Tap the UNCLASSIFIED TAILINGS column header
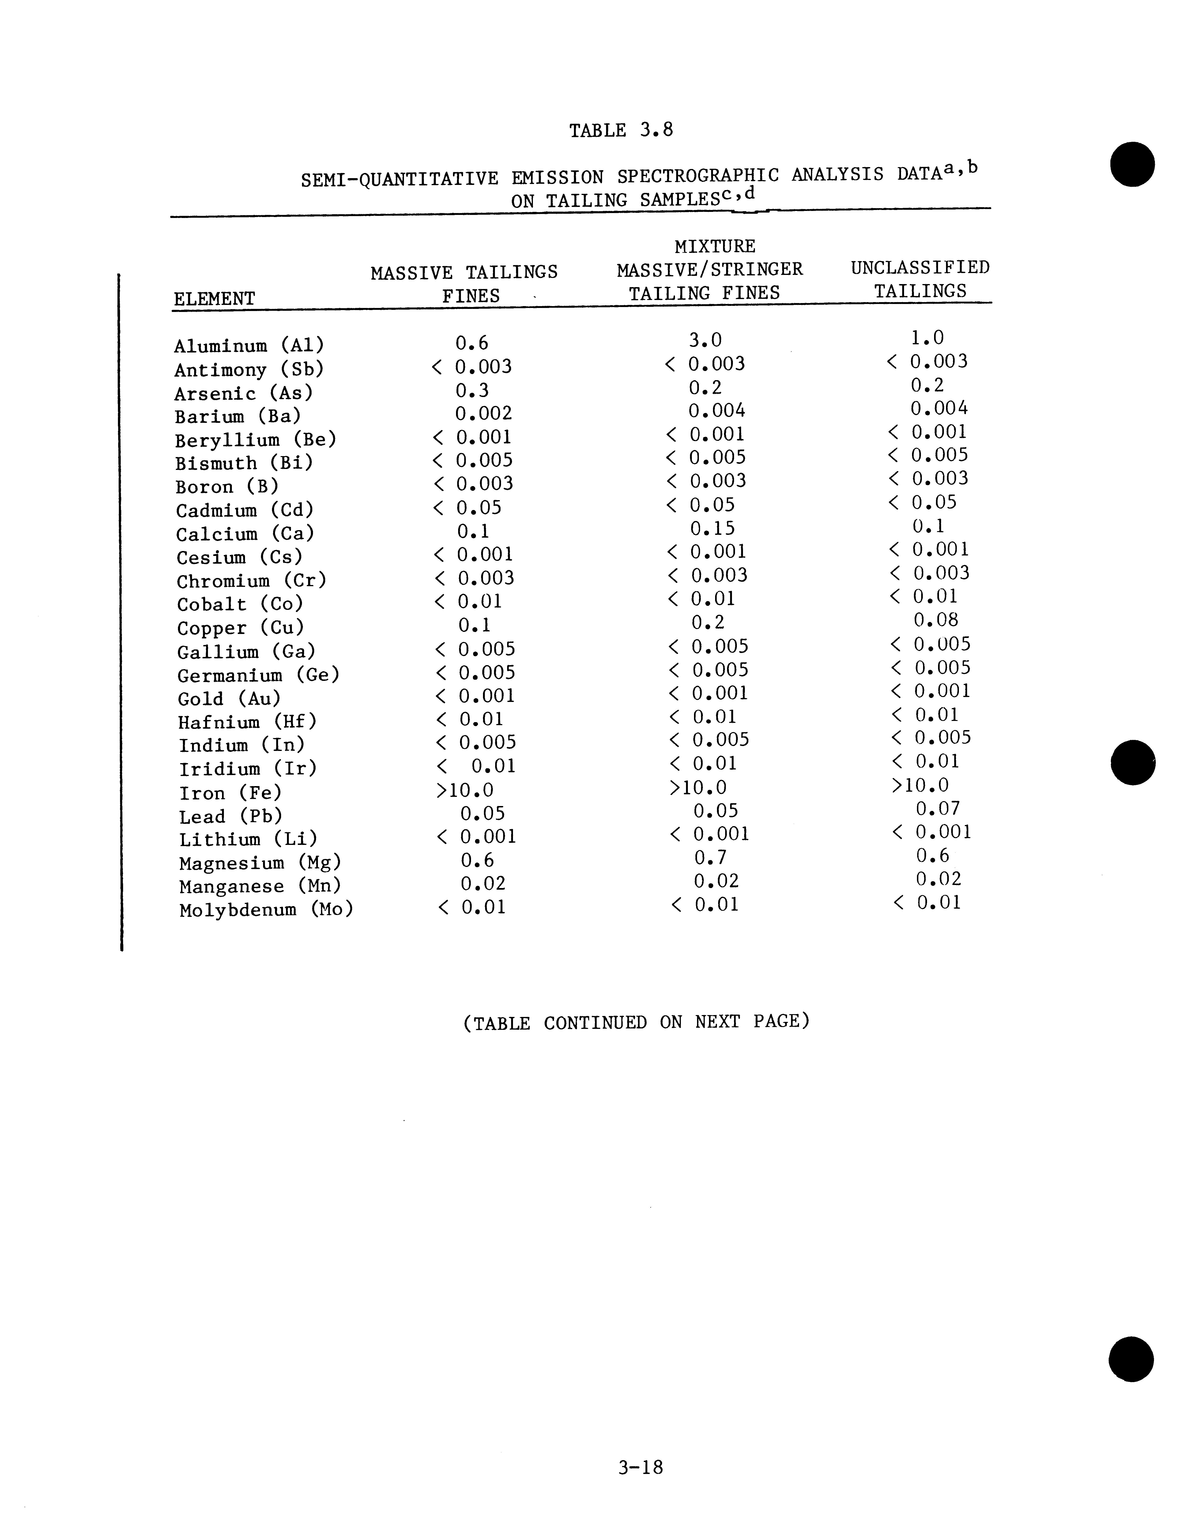(x=920, y=279)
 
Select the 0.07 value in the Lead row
(x=937, y=808)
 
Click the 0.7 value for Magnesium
(x=710, y=857)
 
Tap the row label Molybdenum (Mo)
(x=266, y=910)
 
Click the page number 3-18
(x=640, y=1467)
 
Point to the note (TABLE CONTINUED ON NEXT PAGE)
(x=636, y=1022)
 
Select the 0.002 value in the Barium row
(x=483, y=414)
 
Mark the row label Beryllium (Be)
(x=255, y=440)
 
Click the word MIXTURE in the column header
(x=714, y=247)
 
